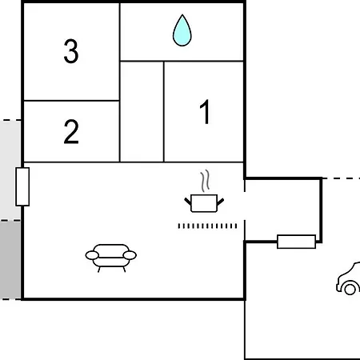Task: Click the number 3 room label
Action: [x=71, y=51]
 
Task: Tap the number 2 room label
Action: [x=71, y=131]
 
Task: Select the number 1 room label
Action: [x=206, y=112]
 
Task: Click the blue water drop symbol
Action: [x=182, y=30]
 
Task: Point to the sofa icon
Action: [x=111, y=258]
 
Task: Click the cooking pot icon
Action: [x=204, y=203]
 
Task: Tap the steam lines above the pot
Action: [x=205, y=181]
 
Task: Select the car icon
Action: [x=348, y=278]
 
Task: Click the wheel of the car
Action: [x=350, y=289]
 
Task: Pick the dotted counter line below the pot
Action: [x=207, y=226]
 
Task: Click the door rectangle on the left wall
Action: [x=22, y=186]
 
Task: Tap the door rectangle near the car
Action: [x=296, y=242]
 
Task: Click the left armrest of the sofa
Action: [x=92, y=255]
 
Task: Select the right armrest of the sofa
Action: [x=130, y=255]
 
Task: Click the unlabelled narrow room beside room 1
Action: [x=142, y=111]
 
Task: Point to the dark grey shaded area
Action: [x=10, y=260]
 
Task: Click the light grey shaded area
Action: [x=10, y=170]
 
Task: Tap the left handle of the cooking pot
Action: [x=188, y=202]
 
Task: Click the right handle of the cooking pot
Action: [x=221, y=202]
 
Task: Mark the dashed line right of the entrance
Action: [x=342, y=178]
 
